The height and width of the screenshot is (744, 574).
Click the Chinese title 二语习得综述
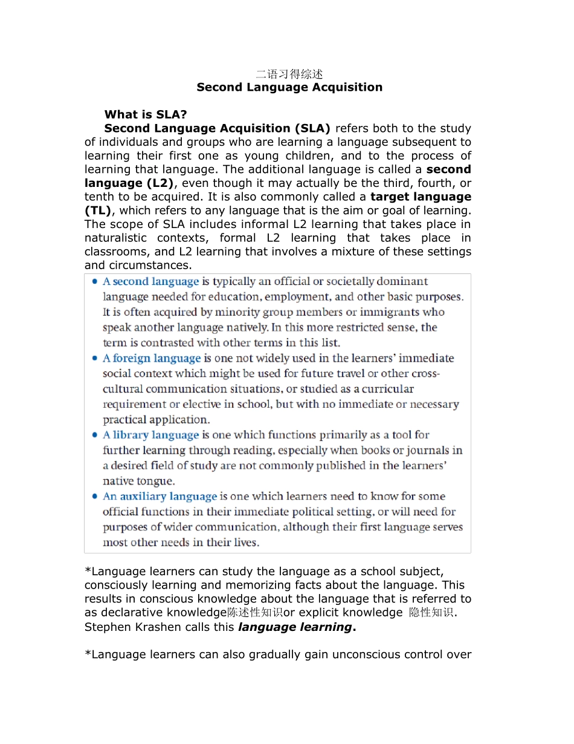pyautogui.click(x=289, y=74)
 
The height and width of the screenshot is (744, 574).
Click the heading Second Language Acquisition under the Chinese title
pyautogui.click(x=289, y=87)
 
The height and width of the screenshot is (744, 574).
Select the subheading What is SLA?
pyautogui.click(x=145, y=114)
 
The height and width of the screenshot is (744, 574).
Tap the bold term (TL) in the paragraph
pyautogui.click(x=98, y=210)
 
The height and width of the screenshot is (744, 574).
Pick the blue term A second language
pyautogui.click(x=150, y=282)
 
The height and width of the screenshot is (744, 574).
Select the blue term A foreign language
pyautogui.click(x=151, y=359)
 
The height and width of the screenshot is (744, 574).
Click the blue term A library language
pyautogui.click(x=150, y=436)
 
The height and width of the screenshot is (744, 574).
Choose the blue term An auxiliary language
pyautogui.click(x=160, y=497)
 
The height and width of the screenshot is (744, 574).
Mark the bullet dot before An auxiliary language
pyautogui.click(x=94, y=497)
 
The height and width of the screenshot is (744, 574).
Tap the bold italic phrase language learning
pyautogui.click(x=295, y=627)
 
